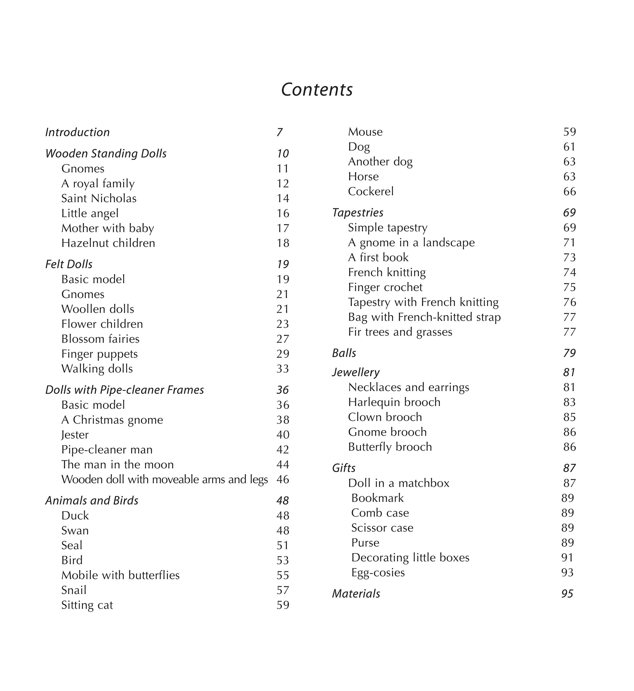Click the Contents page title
[317, 90]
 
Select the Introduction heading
[78, 132]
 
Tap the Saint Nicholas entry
[99, 199]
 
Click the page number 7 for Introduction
[280, 132]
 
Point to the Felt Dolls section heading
[69, 264]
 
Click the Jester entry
[75, 435]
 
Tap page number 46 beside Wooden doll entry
[283, 479]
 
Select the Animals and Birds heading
[92, 501]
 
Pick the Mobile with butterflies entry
[120, 575]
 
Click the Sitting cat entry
[87, 605]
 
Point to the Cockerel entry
[370, 191]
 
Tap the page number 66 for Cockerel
[569, 191]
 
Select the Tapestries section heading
[357, 213]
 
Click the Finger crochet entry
[385, 287]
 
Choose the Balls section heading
[344, 353]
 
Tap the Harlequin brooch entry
[394, 402]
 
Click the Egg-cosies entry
[378, 572]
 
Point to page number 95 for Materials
[567, 594]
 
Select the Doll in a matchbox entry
[398, 483]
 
